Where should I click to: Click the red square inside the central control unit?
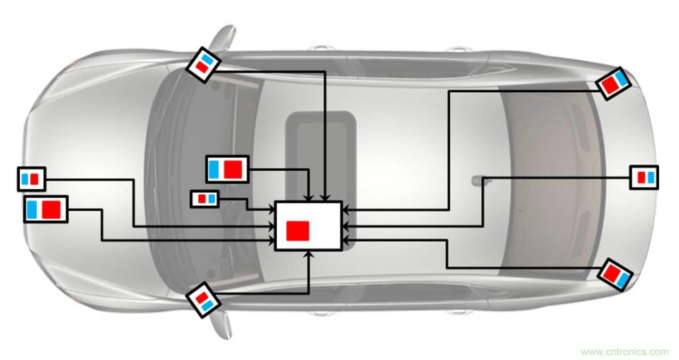point(297,230)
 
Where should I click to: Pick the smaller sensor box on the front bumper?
point(31,179)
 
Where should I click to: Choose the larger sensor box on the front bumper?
point(46,209)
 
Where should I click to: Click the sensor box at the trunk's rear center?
point(644,177)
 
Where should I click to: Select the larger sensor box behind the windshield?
point(228,169)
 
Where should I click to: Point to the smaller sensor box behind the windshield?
point(205,198)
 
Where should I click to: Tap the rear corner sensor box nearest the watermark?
point(615,274)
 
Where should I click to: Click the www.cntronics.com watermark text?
point(624,352)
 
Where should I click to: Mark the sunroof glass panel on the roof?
point(321,155)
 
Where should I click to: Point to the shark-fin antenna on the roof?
point(476,181)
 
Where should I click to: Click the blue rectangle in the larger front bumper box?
point(33,209)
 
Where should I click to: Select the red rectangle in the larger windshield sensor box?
point(233,169)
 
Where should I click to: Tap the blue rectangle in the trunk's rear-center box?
point(650,177)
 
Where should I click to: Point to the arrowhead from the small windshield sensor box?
point(271,207)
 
